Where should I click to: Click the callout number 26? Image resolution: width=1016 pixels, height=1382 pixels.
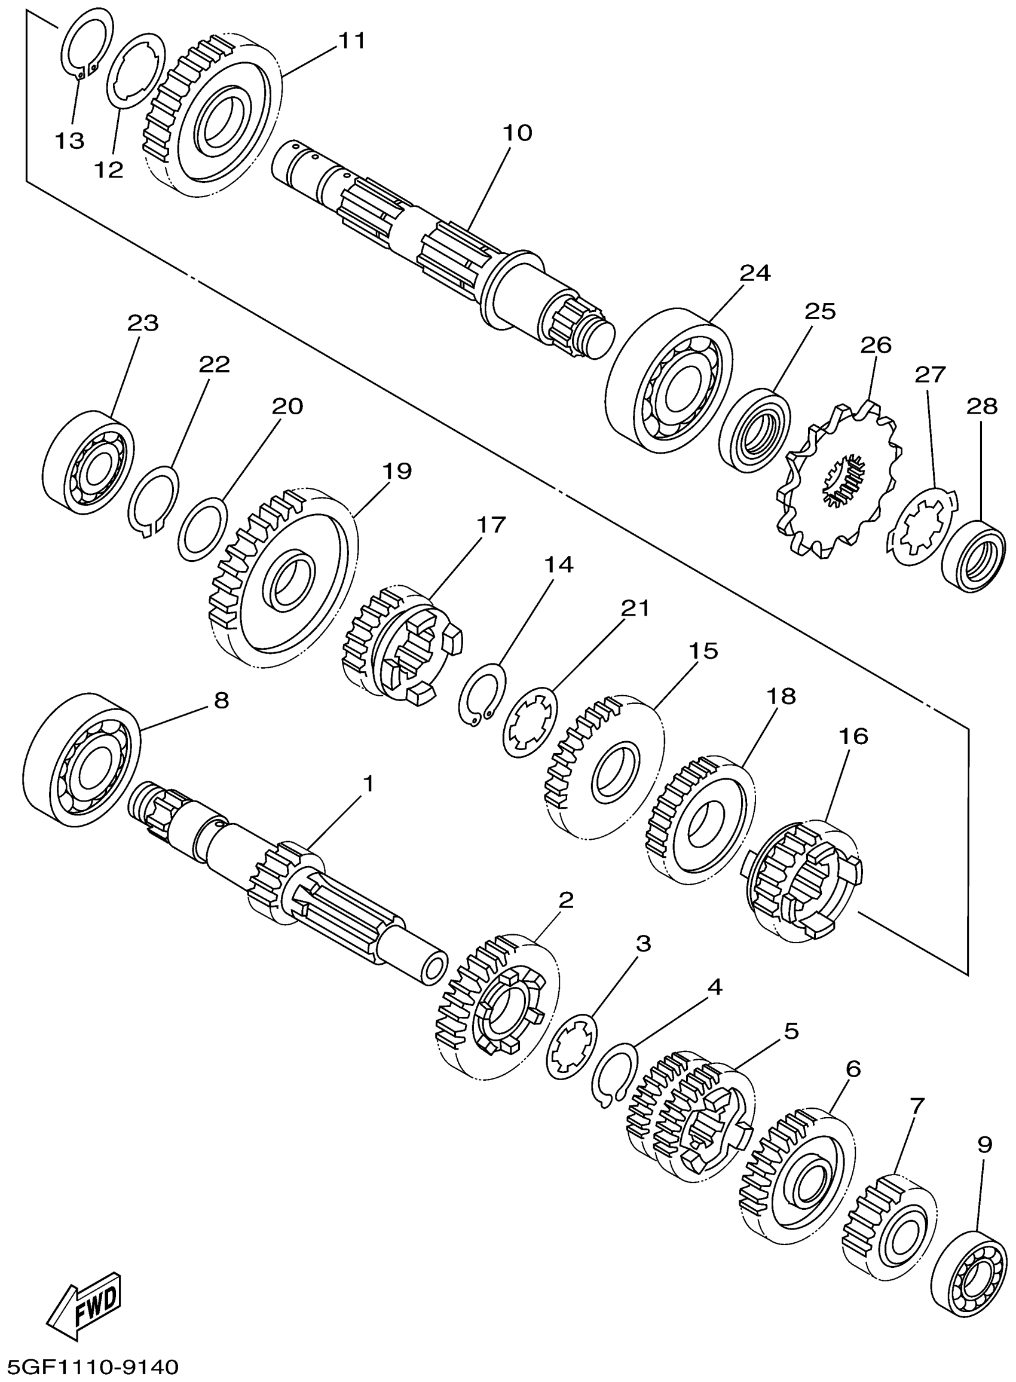875,345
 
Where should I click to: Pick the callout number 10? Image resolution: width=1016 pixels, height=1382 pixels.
517,132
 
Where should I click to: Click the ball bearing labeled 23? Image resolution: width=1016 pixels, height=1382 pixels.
90,463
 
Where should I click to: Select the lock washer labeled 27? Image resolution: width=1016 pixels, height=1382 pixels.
922,525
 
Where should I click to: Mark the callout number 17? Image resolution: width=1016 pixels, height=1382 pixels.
491,524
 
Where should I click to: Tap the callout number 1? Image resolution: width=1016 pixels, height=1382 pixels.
368,784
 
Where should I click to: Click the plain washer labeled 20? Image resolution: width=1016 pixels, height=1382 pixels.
203,529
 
